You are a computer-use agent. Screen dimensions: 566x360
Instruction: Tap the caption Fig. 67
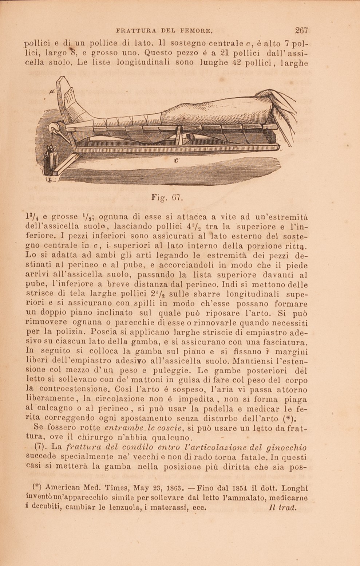point(167,198)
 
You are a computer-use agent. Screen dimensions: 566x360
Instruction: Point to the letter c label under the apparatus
point(176,160)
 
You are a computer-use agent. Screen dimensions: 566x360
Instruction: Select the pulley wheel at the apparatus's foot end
point(54,129)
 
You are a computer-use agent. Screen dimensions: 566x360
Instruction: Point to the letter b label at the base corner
point(48,180)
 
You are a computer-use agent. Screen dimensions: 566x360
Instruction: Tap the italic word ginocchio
point(287,448)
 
